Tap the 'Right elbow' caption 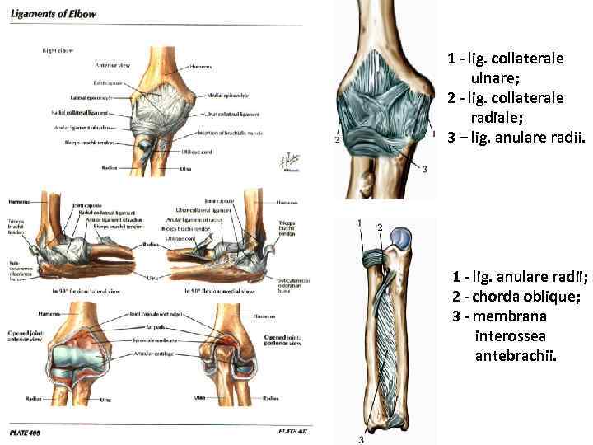pos(58,50)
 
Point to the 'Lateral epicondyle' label pos(90,97)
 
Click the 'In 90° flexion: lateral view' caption pos(86,292)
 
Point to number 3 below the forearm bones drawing pos(361,438)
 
